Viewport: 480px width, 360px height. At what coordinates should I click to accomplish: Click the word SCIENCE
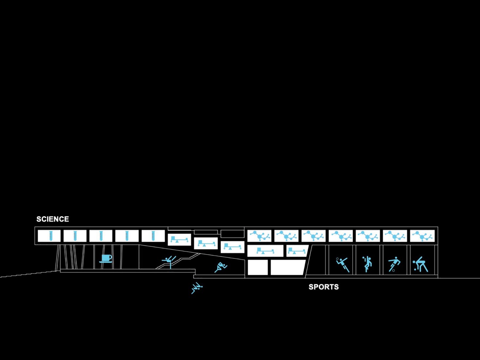tap(52, 219)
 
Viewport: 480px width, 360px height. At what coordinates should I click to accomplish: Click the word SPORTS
tap(324, 287)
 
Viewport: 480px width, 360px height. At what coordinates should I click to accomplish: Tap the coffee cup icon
tap(106, 259)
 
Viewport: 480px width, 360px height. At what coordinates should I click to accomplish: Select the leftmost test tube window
tap(49, 236)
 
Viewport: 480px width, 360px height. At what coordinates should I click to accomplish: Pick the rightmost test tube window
tap(153, 236)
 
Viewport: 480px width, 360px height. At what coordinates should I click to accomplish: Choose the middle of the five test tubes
tap(101, 236)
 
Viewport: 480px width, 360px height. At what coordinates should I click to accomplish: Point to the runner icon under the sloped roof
tap(221, 267)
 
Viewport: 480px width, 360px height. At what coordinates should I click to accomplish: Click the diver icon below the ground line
tap(197, 288)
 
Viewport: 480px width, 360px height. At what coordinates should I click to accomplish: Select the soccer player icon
tap(394, 263)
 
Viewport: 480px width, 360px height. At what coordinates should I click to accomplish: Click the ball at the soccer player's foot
tap(393, 270)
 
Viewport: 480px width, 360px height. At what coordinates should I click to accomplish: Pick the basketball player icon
tap(367, 264)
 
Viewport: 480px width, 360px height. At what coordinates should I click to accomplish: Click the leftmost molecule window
tap(259, 236)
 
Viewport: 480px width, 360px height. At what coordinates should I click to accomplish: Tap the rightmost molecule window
tap(422, 236)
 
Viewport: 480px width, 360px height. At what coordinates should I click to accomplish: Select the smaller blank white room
tap(258, 267)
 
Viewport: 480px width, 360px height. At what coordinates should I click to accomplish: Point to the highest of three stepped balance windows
tap(179, 240)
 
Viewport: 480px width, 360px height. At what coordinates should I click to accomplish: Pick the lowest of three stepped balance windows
tap(232, 247)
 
